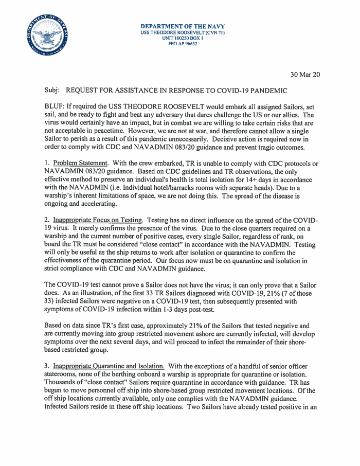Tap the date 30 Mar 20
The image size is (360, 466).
coord(305,75)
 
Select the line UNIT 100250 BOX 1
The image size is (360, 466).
coord(183,39)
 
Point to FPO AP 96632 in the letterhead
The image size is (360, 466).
coord(183,44)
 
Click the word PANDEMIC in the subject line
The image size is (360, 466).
coord(266,91)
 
